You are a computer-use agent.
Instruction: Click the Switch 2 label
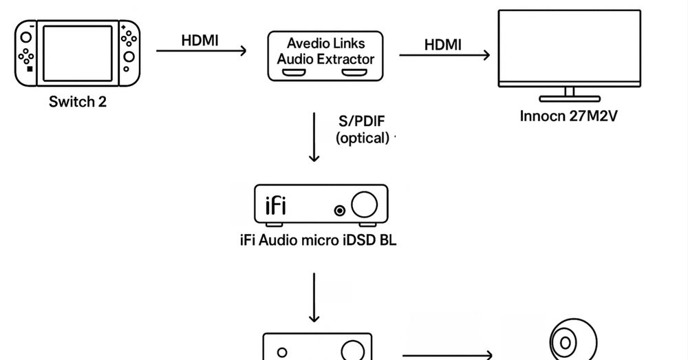[x=78, y=103]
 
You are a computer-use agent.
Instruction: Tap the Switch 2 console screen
[x=78, y=53]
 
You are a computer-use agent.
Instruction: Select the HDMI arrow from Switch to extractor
[x=201, y=50]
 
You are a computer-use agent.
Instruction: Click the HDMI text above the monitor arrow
[x=442, y=45]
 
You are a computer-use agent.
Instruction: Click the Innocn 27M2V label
[x=569, y=116]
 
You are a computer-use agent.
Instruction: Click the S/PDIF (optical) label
[x=362, y=129]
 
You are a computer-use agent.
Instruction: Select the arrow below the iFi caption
[x=314, y=297]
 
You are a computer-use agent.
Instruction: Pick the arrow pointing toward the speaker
[x=447, y=355]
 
